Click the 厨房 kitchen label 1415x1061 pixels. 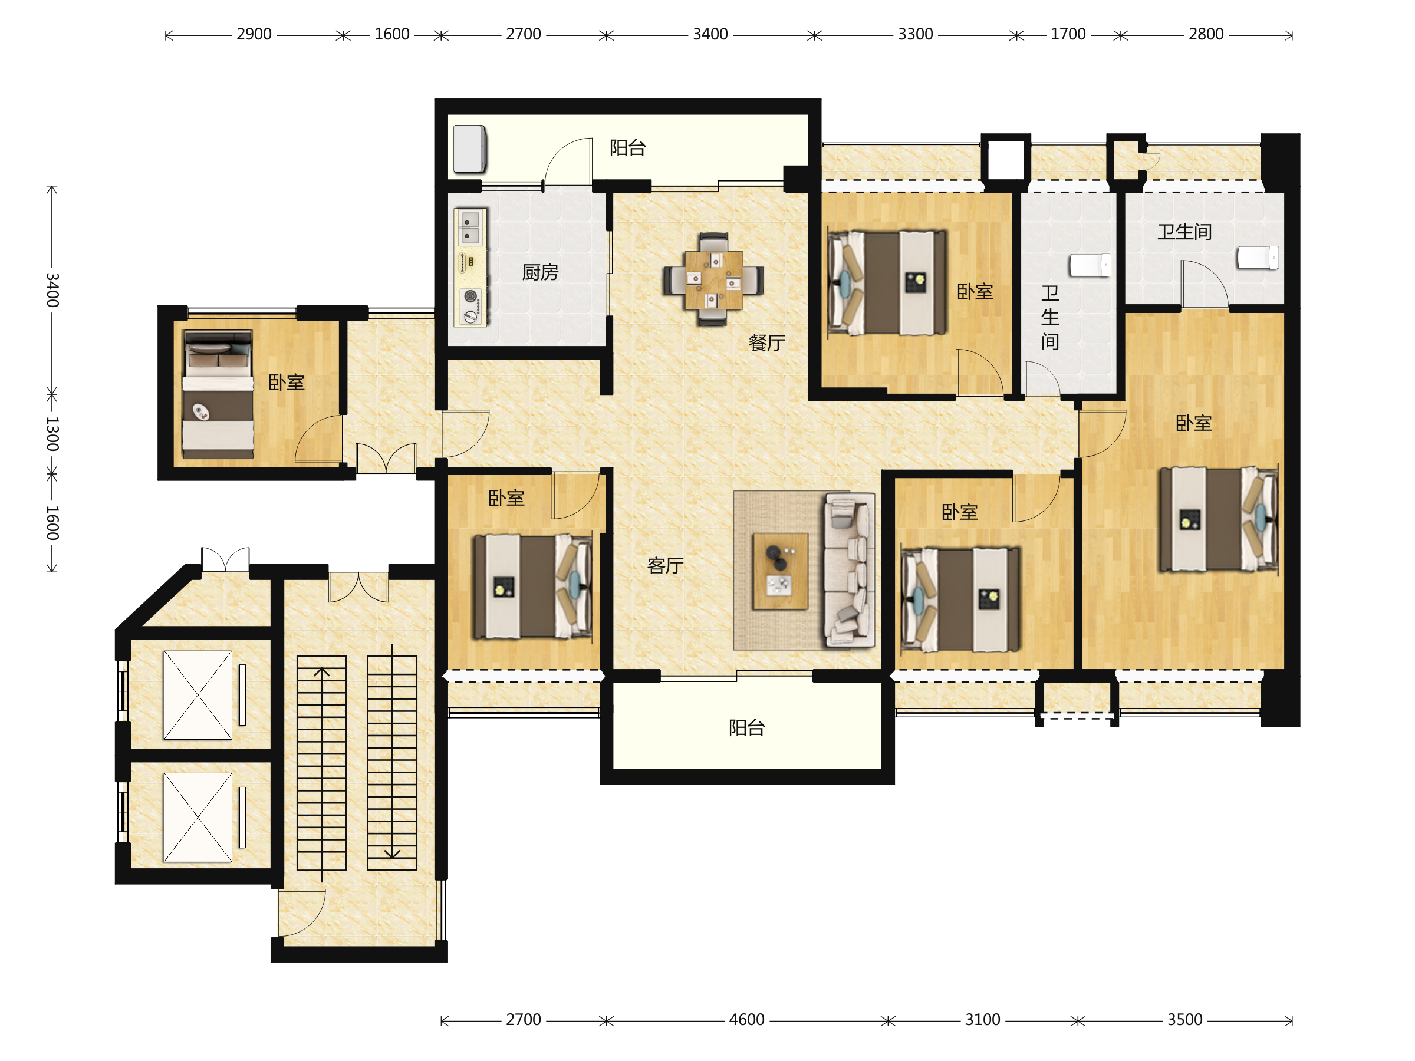540,272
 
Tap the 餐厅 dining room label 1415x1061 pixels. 766,343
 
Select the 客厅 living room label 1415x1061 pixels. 665,565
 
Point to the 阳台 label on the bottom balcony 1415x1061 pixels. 746,727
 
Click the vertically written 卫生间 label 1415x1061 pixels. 1049,317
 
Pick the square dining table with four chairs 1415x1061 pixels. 713,279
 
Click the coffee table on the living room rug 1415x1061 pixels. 781,571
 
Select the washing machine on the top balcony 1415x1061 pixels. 469,149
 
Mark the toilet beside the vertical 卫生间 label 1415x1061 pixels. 1090,265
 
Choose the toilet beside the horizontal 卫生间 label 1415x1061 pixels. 1257,258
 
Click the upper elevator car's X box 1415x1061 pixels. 198,695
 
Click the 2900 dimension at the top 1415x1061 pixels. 254,34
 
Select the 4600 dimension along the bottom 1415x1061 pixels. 746,1019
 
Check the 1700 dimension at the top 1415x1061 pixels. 1068,34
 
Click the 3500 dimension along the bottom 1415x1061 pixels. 1184,1019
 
